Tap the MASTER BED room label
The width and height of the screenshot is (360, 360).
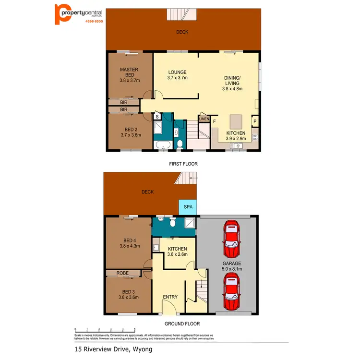coord(129,75)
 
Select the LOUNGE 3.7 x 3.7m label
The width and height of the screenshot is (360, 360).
coord(177,75)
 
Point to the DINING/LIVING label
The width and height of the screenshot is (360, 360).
coord(233,83)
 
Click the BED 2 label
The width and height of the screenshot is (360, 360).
coord(129,132)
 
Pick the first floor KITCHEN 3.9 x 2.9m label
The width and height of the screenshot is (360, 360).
coord(236,135)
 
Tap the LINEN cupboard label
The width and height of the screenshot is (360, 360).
coord(204,119)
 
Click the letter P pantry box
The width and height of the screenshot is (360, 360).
coord(255,121)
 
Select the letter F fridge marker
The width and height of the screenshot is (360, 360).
coord(214,122)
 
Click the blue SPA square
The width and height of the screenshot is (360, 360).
coord(188,207)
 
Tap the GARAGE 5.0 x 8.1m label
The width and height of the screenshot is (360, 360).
coord(232,266)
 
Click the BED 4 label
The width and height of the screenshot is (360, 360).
coord(129,243)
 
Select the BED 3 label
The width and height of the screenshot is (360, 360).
coord(129,294)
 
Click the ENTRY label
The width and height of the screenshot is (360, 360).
coord(170,297)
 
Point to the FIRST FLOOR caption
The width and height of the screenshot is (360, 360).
coord(183,164)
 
